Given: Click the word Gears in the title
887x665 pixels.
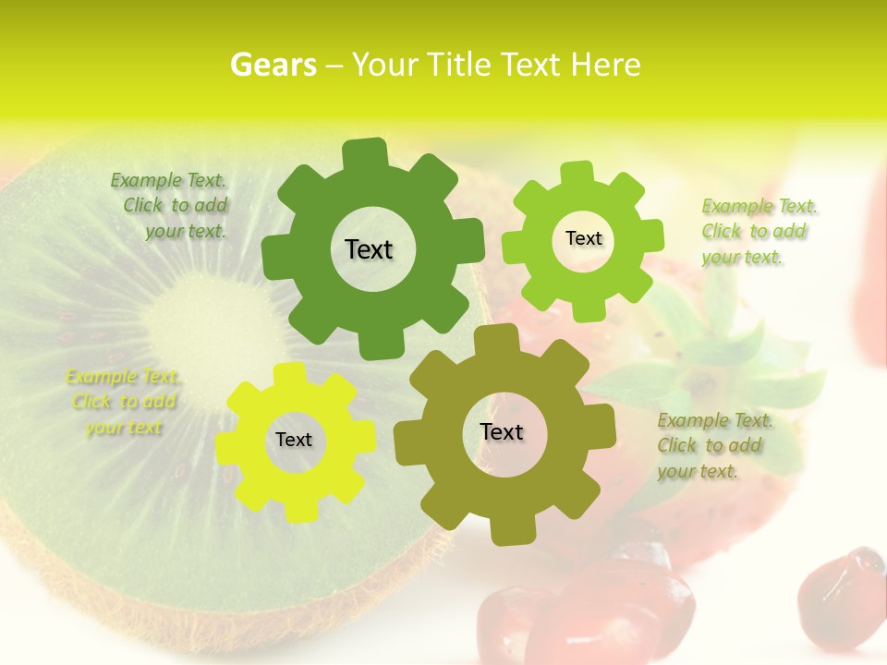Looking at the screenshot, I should tap(272, 65).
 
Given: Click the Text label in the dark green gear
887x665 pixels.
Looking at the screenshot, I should tap(369, 249).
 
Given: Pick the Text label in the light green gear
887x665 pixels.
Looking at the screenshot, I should tap(583, 238).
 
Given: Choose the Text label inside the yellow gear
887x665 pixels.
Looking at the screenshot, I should tap(294, 440).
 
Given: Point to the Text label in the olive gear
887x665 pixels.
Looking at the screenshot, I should tap(502, 431).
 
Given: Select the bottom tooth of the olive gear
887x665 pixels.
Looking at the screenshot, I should tap(506, 530).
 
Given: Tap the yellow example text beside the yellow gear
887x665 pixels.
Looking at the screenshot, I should tap(124, 402).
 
